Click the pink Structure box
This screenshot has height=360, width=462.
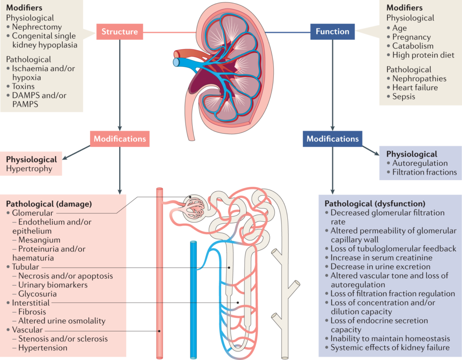[x=119, y=32]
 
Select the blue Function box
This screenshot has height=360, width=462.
[x=333, y=32]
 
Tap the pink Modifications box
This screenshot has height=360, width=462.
[x=120, y=138]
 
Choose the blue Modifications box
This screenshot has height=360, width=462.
[x=333, y=138]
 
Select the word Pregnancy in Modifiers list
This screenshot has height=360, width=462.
[x=411, y=37]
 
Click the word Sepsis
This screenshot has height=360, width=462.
[x=404, y=97]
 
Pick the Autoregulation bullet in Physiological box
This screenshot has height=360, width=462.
[x=420, y=163]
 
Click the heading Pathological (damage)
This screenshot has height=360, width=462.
[x=49, y=204]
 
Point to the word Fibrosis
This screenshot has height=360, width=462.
[x=32, y=312]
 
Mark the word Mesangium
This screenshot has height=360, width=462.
[x=39, y=240]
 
